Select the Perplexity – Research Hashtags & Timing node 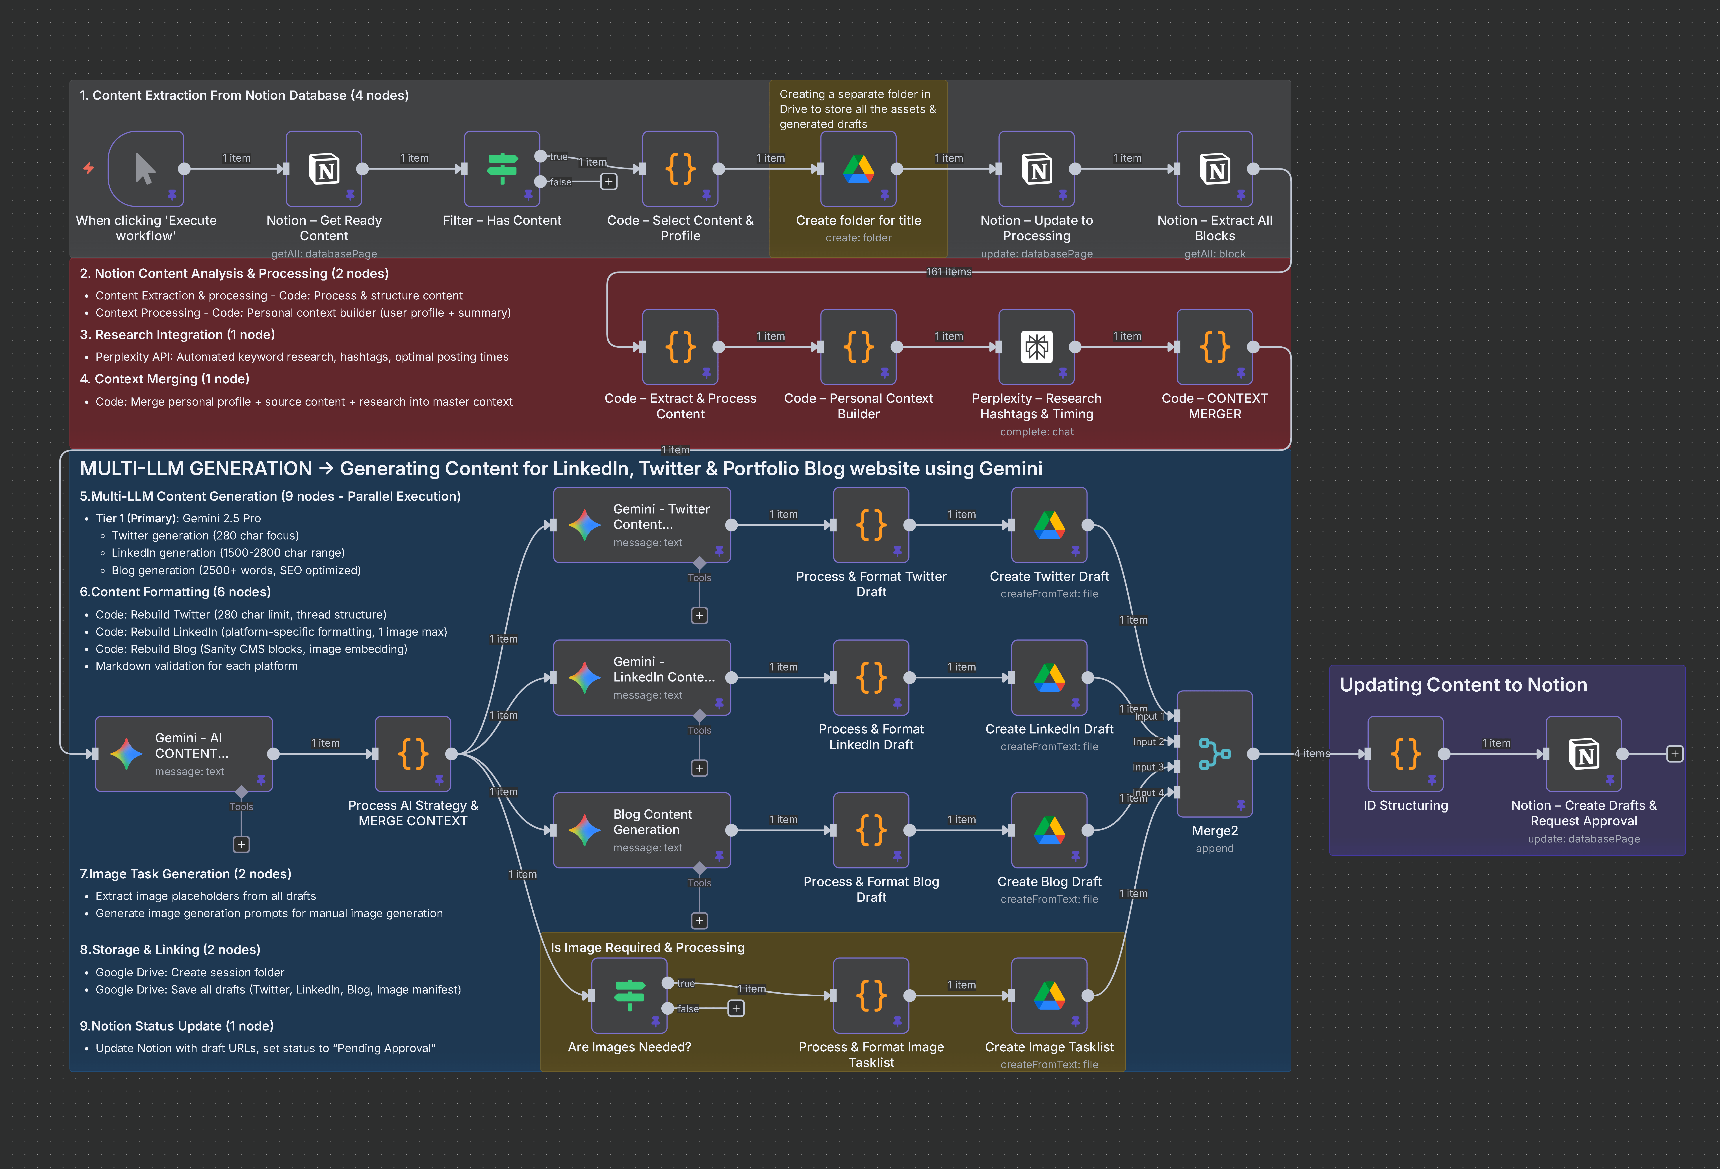pos(1036,346)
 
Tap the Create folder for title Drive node pos(859,169)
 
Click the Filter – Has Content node pos(502,169)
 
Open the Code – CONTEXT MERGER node pos(1215,346)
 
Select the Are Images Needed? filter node pos(629,995)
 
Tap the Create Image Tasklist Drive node pos(1049,995)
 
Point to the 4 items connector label pos(1312,753)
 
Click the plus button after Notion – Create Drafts pos(1674,754)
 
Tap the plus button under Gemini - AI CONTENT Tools pos(241,844)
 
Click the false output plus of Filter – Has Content pos(608,181)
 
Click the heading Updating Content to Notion pos(1463,685)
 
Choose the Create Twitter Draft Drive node pos(1049,524)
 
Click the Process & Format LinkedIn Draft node pos(871,677)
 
